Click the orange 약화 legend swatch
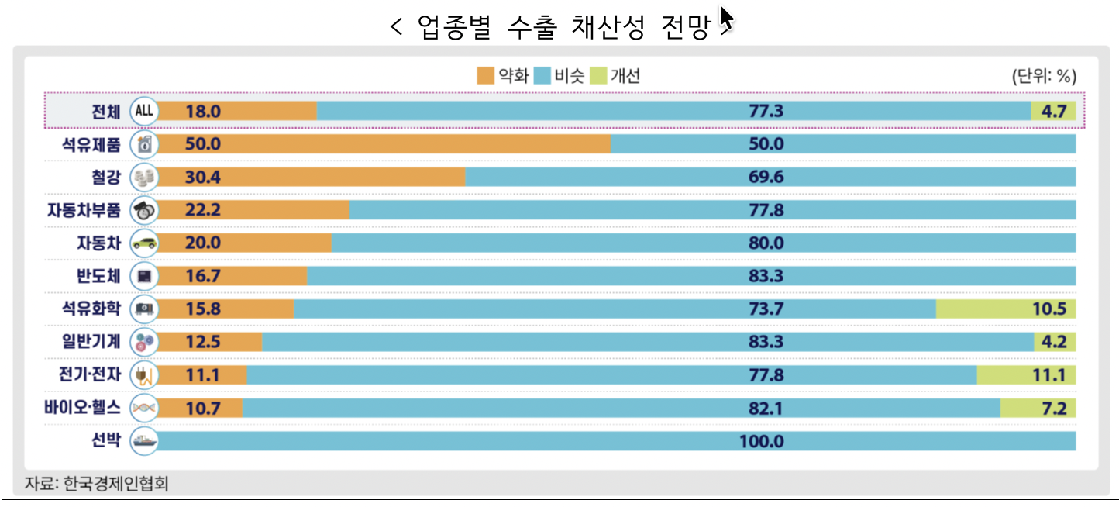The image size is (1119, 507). [x=486, y=76]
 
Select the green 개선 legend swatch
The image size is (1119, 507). [x=598, y=76]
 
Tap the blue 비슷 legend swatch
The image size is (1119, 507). [x=542, y=76]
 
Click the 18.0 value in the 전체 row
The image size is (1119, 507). [x=203, y=111]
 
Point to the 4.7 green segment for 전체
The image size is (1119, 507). [x=1054, y=111]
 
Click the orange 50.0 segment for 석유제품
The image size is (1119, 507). [x=385, y=144]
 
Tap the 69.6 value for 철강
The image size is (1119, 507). [x=766, y=178]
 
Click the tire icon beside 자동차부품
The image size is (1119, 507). [x=144, y=210]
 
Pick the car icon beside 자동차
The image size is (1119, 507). [x=144, y=243]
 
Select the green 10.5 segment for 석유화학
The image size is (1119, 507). [x=1006, y=309]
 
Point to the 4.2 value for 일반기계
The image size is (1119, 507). [x=1055, y=342]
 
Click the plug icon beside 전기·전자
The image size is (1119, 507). [x=144, y=375]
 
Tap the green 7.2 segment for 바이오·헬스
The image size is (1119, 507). [x=1038, y=408]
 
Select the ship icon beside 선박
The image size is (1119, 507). [x=144, y=441]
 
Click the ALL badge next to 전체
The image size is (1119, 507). [x=144, y=111]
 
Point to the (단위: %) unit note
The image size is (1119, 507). [x=1043, y=76]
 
